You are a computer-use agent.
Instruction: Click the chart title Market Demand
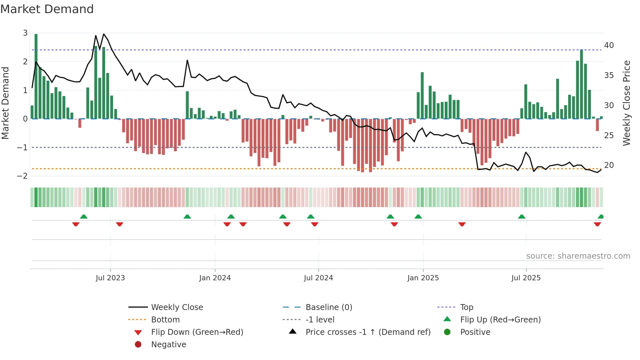(x=47, y=9)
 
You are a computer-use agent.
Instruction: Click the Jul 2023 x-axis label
(x=110, y=278)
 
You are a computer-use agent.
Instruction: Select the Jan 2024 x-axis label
(x=215, y=278)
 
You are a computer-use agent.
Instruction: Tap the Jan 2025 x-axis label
(x=423, y=278)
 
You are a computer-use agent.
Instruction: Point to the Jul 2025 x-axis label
(x=526, y=278)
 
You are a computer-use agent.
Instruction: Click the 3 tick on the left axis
(x=25, y=33)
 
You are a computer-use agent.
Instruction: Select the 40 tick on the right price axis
(x=609, y=45)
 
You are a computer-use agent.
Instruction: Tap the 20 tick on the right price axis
(x=609, y=165)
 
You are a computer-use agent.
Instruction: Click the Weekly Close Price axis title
(x=626, y=103)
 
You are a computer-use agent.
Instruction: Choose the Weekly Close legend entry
(x=177, y=307)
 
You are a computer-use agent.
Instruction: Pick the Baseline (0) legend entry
(x=328, y=307)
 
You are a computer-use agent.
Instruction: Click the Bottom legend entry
(x=165, y=320)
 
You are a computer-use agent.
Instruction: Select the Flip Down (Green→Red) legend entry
(x=197, y=332)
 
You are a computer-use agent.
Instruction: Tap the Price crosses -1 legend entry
(x=368, y=332)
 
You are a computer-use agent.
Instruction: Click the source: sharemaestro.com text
(x=578, y=256)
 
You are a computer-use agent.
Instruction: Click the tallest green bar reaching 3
(x=36, y=75)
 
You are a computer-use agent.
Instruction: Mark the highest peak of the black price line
(x=104, y=34)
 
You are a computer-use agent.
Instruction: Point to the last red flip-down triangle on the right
(x=597, y=224)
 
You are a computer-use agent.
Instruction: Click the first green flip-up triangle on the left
(x=84, y=217)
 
